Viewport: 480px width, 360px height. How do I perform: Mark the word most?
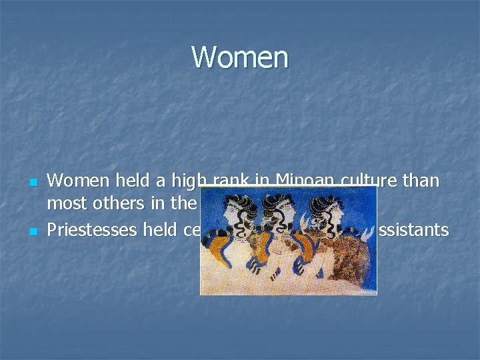(68, 203)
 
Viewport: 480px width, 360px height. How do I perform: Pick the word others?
(121, 203)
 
